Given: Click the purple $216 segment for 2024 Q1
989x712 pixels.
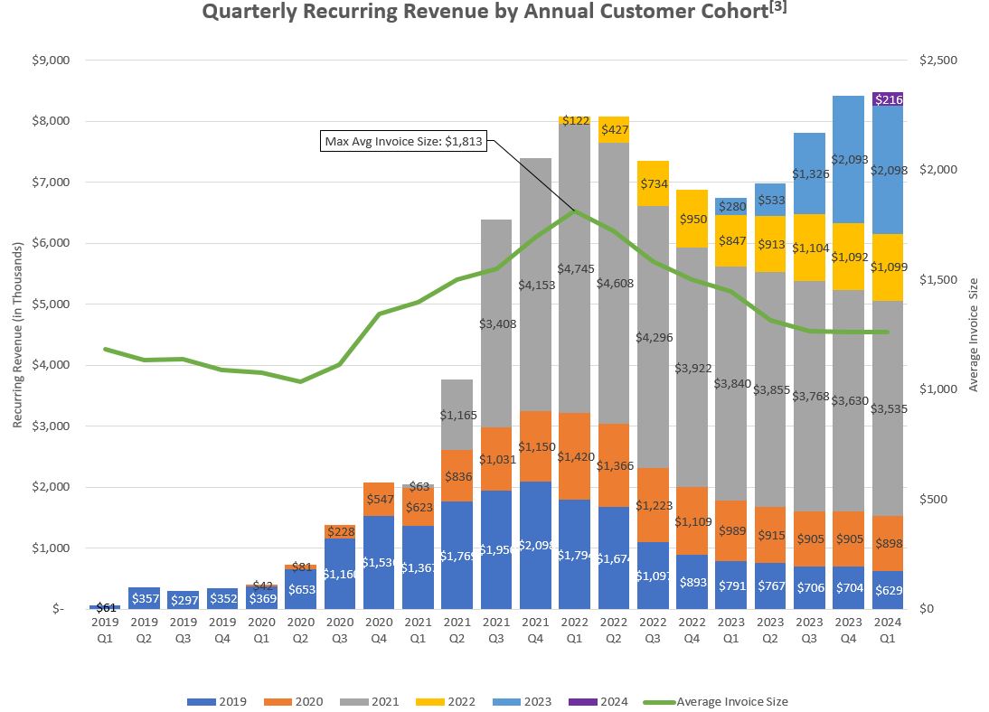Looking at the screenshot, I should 888,99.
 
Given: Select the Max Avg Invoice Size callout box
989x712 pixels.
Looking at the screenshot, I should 403,141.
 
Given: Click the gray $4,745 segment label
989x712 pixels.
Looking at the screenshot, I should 575,268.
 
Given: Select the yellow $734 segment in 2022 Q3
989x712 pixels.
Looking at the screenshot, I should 653,183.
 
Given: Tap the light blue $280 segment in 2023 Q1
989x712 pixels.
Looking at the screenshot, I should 731,206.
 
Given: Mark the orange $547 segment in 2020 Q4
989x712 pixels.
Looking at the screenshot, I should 379,499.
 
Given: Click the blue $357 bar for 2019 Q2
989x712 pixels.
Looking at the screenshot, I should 144,598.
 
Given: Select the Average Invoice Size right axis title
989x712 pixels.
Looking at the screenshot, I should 974,335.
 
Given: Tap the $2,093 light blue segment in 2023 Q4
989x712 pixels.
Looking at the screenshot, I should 849,160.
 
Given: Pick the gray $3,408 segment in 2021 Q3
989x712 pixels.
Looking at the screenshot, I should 496,323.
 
